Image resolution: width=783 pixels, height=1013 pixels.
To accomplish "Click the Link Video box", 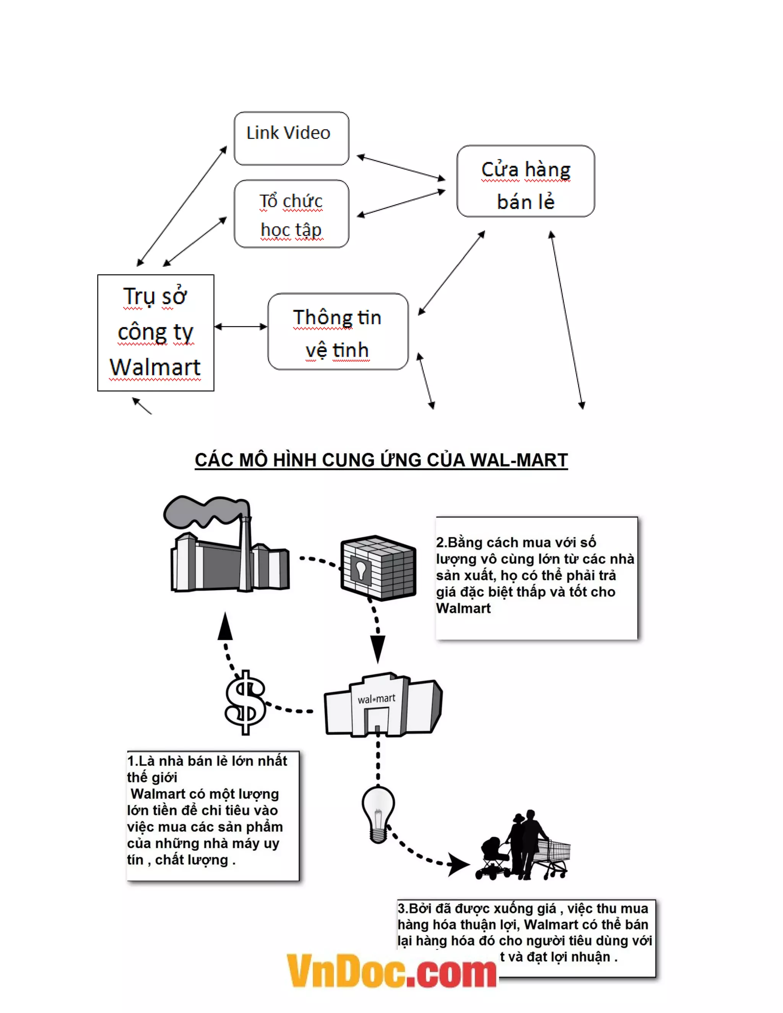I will point(291,138).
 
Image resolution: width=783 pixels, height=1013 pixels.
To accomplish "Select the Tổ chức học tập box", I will point(291,214).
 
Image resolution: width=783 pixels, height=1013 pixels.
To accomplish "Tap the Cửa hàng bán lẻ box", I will point(526,181).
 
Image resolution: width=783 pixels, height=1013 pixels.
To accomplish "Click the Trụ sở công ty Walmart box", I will point(155,333).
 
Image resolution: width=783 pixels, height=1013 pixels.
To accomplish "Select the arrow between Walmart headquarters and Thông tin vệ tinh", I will point(241,326).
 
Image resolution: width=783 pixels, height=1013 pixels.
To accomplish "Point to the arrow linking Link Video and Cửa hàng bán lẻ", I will point(401,167).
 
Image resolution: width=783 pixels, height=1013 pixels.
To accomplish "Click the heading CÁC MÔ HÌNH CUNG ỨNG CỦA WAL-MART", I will point(381,460).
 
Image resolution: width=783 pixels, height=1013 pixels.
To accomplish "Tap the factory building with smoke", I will point(230,563).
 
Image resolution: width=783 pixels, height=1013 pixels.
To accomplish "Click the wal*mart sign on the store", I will point(376,698).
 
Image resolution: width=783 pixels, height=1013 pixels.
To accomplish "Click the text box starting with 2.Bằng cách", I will point(536,578).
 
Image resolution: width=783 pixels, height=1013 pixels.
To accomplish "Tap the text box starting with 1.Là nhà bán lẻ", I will point(213,815).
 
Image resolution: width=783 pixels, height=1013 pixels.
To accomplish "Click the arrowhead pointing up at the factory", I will point(226,626).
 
